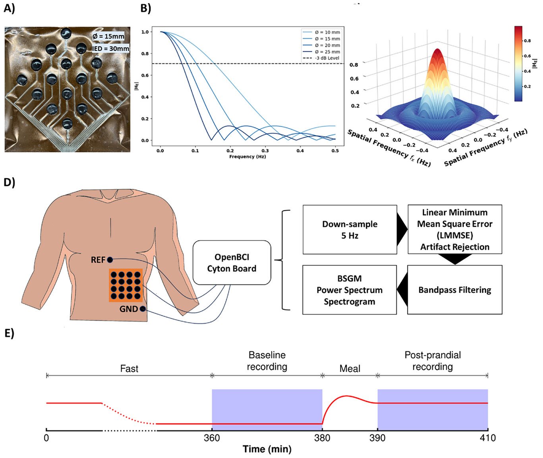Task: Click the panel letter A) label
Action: click(9, 9)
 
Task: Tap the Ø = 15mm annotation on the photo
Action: click(108, 36)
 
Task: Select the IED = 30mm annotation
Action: click(111, 49)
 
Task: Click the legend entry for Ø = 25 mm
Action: click(327, 52)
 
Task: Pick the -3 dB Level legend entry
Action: click(327, 58)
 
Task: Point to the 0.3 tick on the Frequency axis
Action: click(265, 150)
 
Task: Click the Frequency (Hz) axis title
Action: click(247, 157)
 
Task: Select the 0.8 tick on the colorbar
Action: click(527, 41)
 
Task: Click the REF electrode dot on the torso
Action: click(110, 260)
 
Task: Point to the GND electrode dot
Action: click(142, 309)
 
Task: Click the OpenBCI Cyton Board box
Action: click(232, 263)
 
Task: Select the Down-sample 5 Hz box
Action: click(350, 230)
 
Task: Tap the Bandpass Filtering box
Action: click(455, 290)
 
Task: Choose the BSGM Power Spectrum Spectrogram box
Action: click(350, 290)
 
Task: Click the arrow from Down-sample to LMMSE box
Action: click(402, 230)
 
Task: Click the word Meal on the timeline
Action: click(350, 369)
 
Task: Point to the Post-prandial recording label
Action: click(433, 361)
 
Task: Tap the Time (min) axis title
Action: click(267, 450)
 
